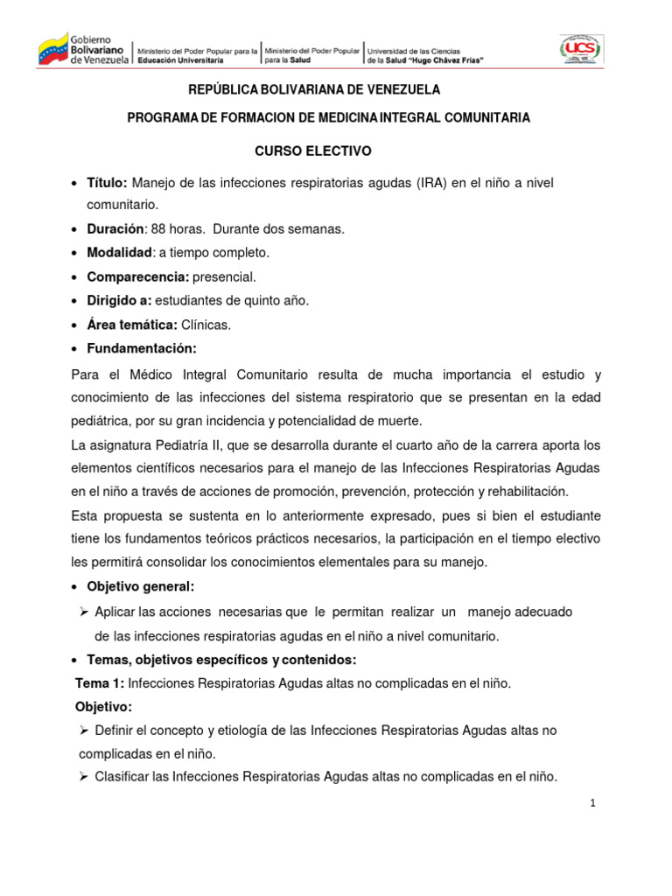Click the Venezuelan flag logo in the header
(x=52, y=48)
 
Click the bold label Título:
(x=108, y=182)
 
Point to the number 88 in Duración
(x=158, y=228)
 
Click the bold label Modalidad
(x=118, y=253)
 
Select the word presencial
(x=225, y=276)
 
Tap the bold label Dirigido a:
(x=119, y=300)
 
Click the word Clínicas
(x=206, y=325)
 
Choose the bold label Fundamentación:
(x=142, y=348)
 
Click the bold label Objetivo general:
(x=140, y=585)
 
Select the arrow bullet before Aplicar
(x=85, y=611)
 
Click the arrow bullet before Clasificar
(x=85, y=776)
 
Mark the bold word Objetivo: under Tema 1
(x=103, y=706)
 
